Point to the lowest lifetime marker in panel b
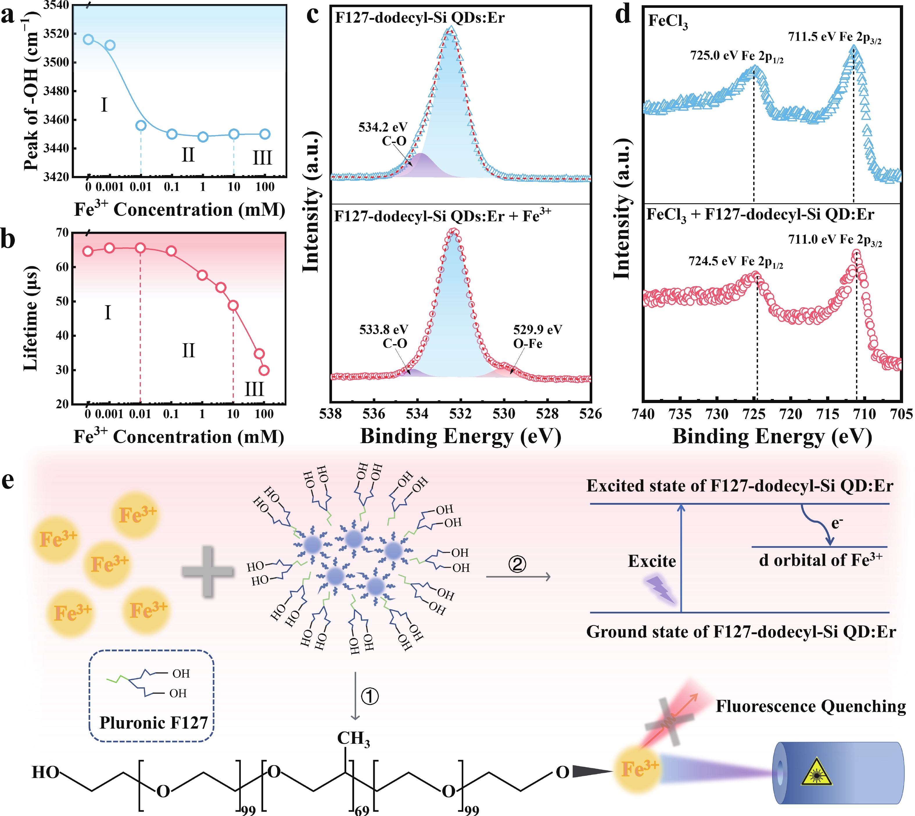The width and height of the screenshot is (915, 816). (x=264, y=370)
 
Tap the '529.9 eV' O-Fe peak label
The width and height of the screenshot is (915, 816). (x=537, y=330)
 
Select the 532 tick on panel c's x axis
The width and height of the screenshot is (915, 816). (x=461, y=414)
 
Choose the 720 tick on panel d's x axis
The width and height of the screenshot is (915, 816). (x=791, y=414)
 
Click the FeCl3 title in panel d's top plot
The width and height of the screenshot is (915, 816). (x=668, y=21)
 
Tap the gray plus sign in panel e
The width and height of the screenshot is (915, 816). (x=208, y=571)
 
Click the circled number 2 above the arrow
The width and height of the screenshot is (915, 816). (x=517, y=564)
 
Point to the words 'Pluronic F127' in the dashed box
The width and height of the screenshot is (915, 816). (x=153, y=723)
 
